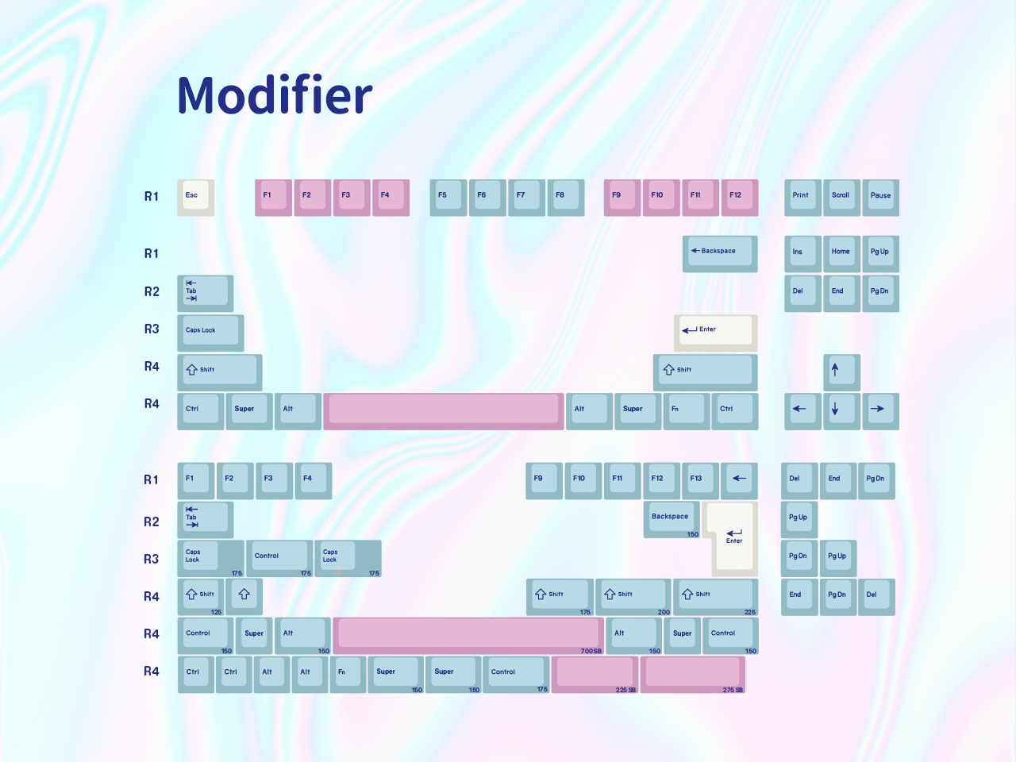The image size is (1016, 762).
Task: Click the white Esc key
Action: [x=195, y=197]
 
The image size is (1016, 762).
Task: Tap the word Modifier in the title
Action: [x=275, y=95]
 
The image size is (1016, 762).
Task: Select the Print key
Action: [x=802, y=197]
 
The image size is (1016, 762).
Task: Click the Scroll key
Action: [x=841, y=197]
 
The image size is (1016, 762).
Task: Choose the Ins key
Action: [x=802, y=253]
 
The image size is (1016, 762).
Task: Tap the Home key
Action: [x=841, y=253]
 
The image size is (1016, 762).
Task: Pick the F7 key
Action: [x=525, y=197]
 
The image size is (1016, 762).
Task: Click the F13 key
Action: [x=699, y=480]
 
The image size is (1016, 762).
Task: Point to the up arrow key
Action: [x=841, y=371]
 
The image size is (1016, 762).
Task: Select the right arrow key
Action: [x=880, y=410]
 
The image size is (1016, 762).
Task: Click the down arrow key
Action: [x=841, y=410]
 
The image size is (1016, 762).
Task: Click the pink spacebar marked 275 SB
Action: [x=692, y=674]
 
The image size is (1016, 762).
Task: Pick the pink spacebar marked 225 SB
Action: [x=595, y=674]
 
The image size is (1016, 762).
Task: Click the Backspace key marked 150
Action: [x=672, y=519]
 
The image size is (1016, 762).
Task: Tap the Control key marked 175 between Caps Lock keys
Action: [x=279, y=558]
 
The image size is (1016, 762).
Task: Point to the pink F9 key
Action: [x=622, y=197]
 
